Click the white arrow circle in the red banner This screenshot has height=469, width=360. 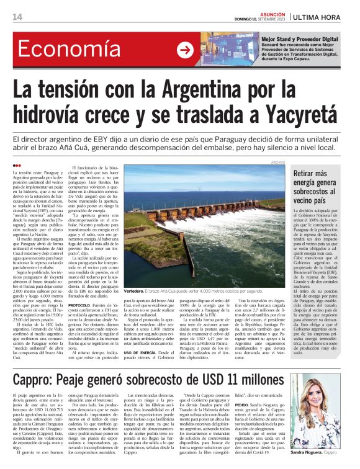[185, 50]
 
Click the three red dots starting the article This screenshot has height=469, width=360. [16, 166]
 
